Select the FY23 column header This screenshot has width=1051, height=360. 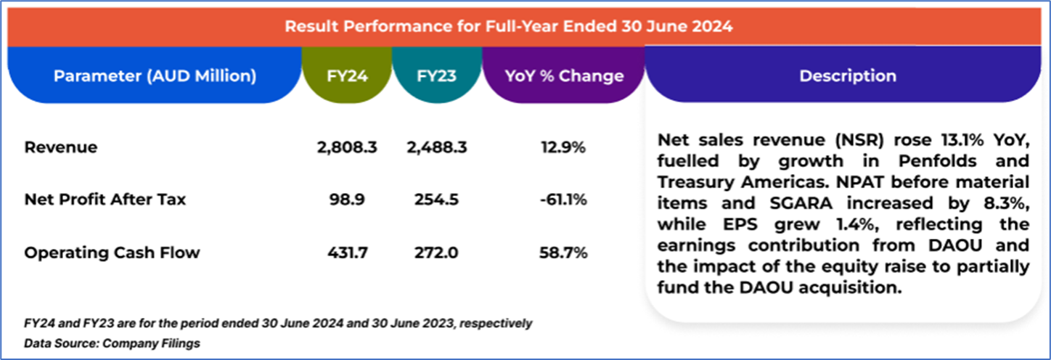click(437, 75)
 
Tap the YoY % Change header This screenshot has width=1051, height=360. click(564, 75)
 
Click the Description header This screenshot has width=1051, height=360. click(847, 75)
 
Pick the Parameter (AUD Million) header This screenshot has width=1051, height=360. click(155, 75)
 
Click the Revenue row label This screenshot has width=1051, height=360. click(61, 147)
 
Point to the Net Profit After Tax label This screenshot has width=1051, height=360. click(105, 199)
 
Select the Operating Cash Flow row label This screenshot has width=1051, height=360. click(112, 253)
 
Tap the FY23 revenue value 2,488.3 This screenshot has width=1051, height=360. click(436, 147)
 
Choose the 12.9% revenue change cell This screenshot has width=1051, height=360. click(564, 147)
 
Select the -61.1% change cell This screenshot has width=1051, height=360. click(563, 199)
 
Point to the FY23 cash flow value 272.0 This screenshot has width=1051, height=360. click(436, 253)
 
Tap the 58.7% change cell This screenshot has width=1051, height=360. click(564, 253)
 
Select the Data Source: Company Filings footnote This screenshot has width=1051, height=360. click(112, 343)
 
